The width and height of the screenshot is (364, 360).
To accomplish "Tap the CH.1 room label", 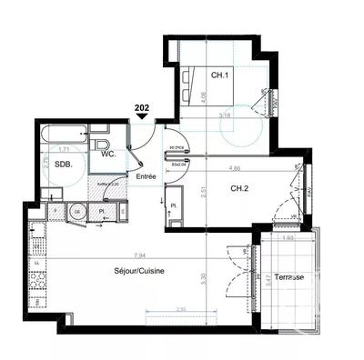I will click(219, 75).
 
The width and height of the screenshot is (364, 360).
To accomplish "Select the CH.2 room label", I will click(239, 188).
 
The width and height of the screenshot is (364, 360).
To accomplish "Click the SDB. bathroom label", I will click(63, 165).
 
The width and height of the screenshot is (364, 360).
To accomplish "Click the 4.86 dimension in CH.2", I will click(235, 169).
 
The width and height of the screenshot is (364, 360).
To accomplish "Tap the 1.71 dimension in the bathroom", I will click(65, 148).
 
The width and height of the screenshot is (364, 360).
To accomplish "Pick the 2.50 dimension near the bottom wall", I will click(181, 309).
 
